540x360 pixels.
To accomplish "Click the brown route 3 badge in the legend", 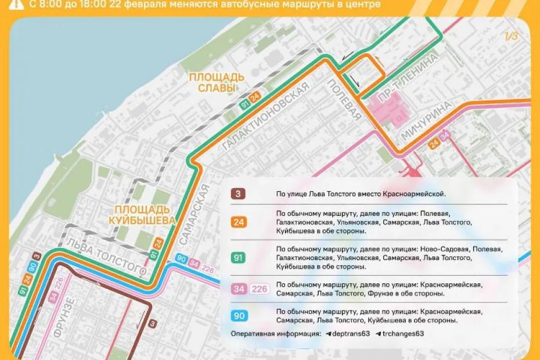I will [x=238, y=194].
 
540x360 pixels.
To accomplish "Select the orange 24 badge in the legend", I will [x=238, y=221].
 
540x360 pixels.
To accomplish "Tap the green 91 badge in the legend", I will [x=238, y=257].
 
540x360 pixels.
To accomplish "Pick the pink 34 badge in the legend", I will [x=239, y=289].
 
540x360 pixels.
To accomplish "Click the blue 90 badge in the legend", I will [x=238, y=316].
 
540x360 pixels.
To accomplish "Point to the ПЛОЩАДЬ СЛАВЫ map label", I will [x=216, y=82].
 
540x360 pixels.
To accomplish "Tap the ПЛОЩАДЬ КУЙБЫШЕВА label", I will [x=142, y=214].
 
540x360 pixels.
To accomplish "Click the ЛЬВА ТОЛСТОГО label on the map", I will [x=105, y=255].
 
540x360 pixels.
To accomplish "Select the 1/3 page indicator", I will [x=510, y=37].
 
